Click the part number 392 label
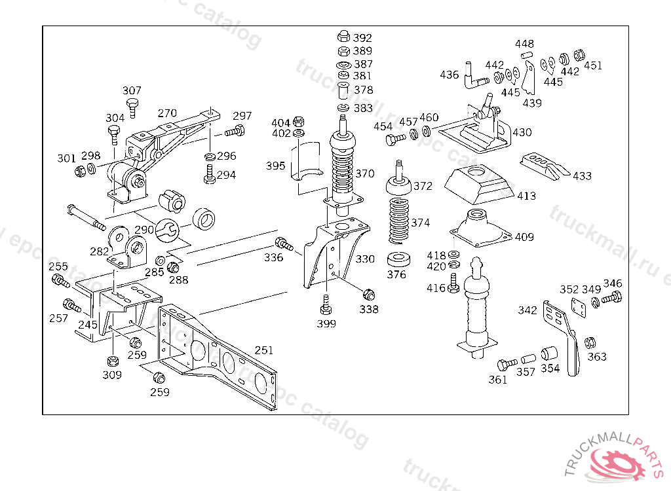point(362,38)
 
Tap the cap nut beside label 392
point(343,37)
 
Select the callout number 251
point(264,351)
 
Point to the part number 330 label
point(365,259)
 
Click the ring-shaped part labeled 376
point(396,257)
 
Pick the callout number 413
point(526,196)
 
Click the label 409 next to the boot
point(524,238)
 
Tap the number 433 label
point(582,176)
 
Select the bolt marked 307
point(133,106)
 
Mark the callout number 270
point(167,113)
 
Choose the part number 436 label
point(450,75)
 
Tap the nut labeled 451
point(579,55)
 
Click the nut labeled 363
point(589,342)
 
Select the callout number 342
point(527,310)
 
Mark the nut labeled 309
point(112,361)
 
